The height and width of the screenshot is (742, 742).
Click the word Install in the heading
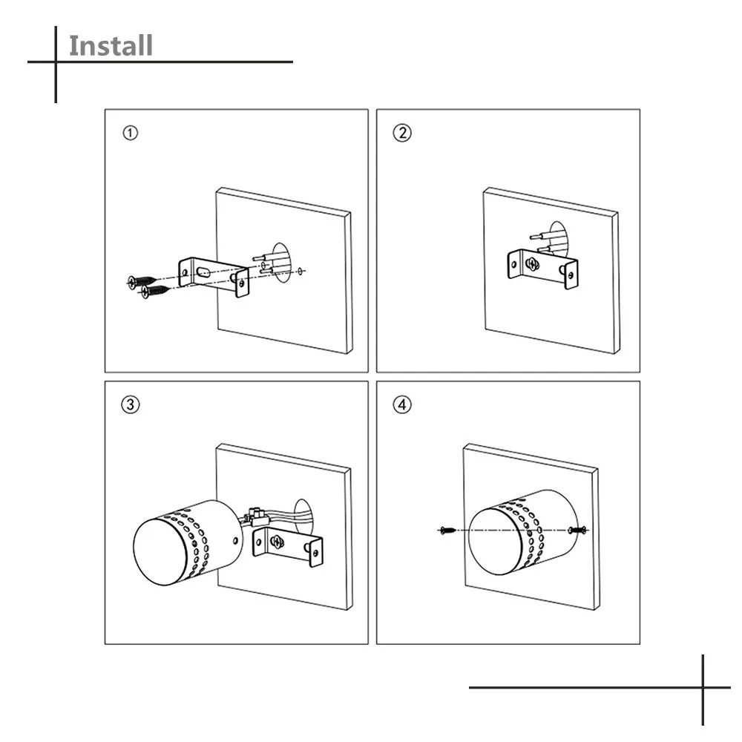(111, 45)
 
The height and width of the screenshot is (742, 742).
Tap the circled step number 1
(130, 134)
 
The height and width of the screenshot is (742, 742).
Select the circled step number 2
(402, 134)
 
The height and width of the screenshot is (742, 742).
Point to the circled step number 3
(130, 405)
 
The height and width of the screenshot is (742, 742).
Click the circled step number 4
(402, 405)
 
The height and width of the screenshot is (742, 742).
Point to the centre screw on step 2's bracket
(531, 263)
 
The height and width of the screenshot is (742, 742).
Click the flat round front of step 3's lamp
(162, 548)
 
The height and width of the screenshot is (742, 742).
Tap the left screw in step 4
(447, 531)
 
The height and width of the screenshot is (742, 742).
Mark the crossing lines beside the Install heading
(56, 62)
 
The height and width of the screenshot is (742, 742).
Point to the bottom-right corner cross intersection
(702, 687)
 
